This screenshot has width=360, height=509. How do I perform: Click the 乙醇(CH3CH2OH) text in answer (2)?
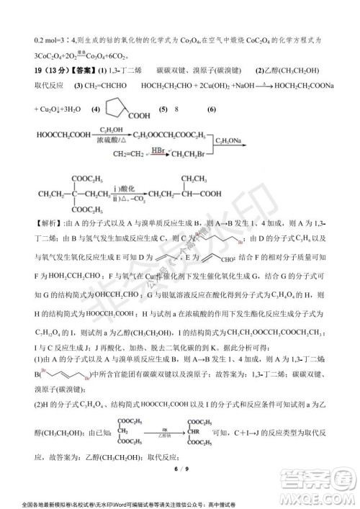click(302, 71)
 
